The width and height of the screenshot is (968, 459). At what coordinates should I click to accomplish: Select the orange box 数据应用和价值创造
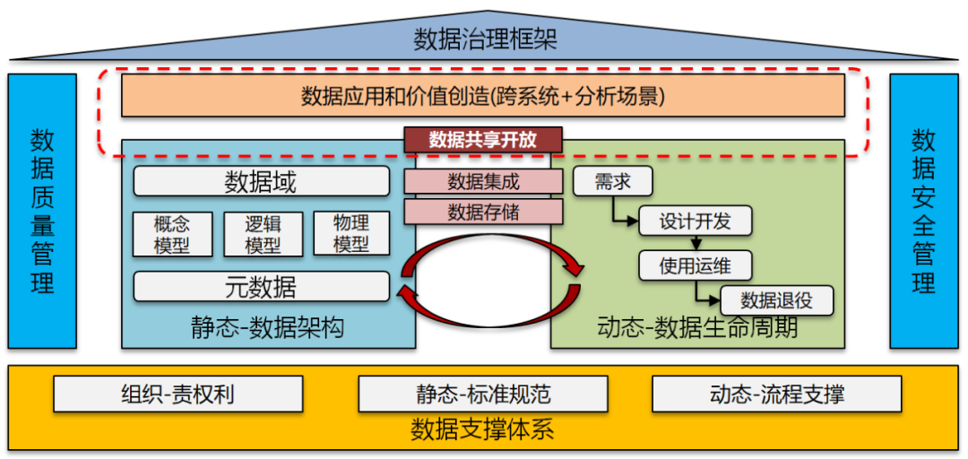(483, 96)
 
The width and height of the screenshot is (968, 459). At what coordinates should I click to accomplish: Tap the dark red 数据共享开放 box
(483, 140)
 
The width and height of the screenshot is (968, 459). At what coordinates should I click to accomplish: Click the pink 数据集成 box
(483, 182)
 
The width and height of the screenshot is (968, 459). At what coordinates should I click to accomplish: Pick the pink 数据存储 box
(483, 212)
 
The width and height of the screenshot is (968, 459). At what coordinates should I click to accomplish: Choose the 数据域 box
(261, 182)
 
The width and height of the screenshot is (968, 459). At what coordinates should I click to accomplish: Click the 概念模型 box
(172, 234)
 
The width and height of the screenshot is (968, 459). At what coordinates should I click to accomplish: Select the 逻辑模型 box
(262, 234)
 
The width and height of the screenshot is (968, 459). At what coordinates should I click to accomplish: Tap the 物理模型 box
(351, 234)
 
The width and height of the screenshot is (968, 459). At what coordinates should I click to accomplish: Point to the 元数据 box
(261, 287)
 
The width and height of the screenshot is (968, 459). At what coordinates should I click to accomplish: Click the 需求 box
(612, 182)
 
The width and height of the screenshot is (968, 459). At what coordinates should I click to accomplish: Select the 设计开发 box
(695, 221)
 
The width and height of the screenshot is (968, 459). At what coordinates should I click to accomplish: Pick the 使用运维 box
(695, 265)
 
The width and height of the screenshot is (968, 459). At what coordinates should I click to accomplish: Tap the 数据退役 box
(776, 300)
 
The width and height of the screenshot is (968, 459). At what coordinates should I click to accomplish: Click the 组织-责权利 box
(177, 394)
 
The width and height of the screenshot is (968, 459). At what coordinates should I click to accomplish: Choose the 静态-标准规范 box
(483, 394)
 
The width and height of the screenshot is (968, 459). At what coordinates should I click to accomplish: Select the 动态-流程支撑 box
(776, 394)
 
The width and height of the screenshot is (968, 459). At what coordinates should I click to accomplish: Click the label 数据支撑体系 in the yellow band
(483, 429)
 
